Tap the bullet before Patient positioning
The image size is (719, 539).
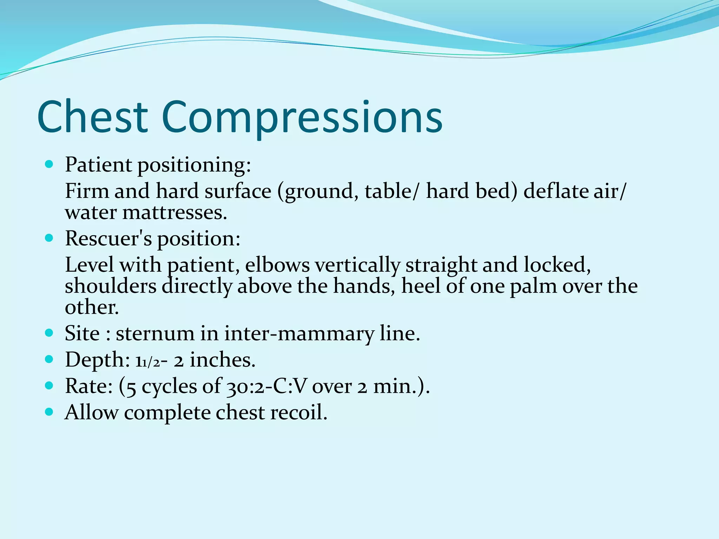pyautogui.click(x=49, y=164)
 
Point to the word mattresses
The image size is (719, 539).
pyautogui.click(x=174, y=213)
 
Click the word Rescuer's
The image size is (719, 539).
pyautogui.click(x=108, y=238)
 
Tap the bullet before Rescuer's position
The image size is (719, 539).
pyautogui.click(x=49, y=238)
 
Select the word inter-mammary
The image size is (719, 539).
pyautogui.click(x=299, y=334)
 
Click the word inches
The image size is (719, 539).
pyautogui.click(x=222, y=360)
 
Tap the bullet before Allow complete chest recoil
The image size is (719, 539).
pyautogui.click(x=49, y=412)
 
